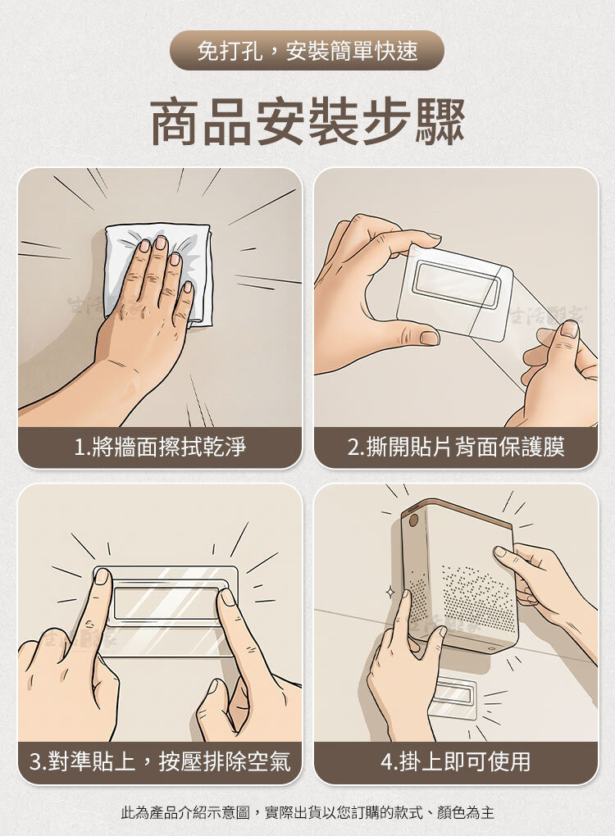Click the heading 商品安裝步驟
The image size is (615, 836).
click(x=307, y=121)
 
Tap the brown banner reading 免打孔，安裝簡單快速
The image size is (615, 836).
click(x=307, y=51)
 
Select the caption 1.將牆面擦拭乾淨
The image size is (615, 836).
click(x=160, y=447)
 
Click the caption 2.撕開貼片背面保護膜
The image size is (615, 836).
click(x=456, y=447)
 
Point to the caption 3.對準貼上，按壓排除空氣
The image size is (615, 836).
click(x=160, y=761)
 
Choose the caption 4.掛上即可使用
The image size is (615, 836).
click(x=456, y=761)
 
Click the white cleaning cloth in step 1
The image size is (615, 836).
click(x=160, y=272)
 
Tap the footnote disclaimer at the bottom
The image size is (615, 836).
click(x=307, y=812)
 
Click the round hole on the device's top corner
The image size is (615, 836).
click(x=413, y=520)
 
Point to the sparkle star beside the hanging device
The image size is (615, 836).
click(x=389, y=593)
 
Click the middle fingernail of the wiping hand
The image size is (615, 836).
click(x=161, y=243)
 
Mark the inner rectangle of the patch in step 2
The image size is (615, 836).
click(x=457, y=286)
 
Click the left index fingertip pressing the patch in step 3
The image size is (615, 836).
click(x=102, y=577)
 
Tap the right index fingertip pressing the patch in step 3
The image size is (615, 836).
click(x=227, y=596)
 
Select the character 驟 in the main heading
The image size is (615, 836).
click(x=440, y=121)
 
